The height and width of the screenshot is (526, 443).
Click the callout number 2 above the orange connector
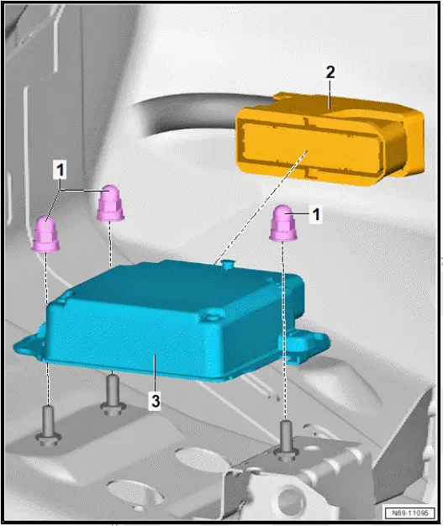coord(330,73)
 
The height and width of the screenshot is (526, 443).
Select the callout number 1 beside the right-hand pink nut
coord(316,215)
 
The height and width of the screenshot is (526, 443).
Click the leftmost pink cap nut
coord(47,234)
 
